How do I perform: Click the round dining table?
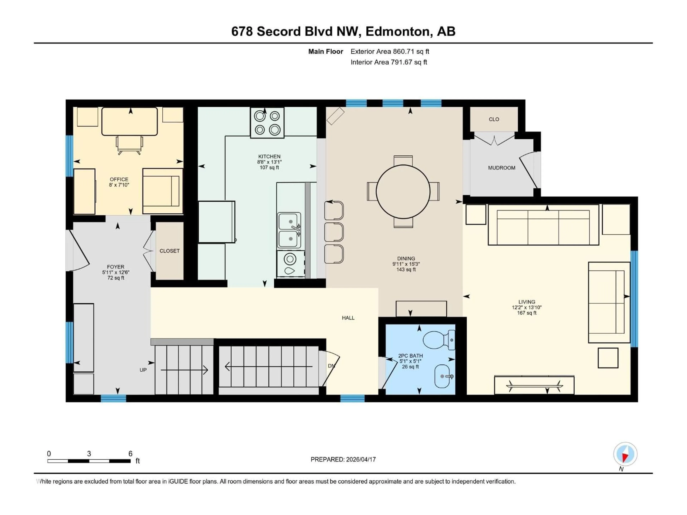[403, 192]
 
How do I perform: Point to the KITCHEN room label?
[269, 156]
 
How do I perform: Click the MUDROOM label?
[501, 168]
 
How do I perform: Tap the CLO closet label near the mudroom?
[493, 119]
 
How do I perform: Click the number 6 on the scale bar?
[130, 453]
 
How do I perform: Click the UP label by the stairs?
[143, 370]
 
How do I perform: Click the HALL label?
[348, 318]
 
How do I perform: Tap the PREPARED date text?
[343, 459]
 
